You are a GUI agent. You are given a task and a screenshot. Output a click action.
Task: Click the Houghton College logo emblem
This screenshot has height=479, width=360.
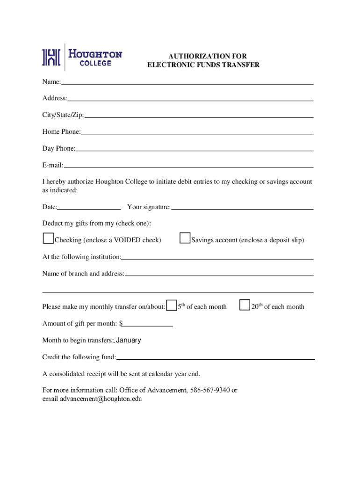coord(51,57)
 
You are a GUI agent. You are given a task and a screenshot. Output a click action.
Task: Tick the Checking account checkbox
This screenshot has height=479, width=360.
coord(48,239)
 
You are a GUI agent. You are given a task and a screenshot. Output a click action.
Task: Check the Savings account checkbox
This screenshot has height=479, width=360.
coord(185,239)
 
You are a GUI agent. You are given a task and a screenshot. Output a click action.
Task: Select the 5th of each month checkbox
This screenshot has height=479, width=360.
coord(172,305)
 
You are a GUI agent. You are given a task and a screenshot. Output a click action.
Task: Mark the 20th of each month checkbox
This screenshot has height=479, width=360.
coord(245,305)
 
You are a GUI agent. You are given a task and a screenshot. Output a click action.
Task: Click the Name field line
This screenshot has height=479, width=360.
coord(187,82)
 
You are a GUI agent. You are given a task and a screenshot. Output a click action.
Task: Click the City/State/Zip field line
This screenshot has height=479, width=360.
coord(199,116)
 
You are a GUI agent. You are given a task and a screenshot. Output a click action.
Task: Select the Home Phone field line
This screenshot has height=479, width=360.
coord(197,132)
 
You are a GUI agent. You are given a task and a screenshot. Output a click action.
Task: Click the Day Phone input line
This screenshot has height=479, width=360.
coord(194,149)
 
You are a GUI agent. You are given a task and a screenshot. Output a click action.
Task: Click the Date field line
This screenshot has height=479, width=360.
coord(89,207)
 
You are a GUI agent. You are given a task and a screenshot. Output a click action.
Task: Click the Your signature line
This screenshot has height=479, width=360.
coord(242,207)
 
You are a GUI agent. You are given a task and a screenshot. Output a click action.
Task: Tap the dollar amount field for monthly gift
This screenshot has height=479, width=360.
coord(148,324)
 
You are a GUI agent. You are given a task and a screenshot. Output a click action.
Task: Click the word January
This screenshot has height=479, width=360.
coord(128,341)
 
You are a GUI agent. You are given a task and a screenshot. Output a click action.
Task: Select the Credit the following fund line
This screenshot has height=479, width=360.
coord(215,357)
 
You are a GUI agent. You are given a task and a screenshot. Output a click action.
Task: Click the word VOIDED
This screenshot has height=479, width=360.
coord(126,240)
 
